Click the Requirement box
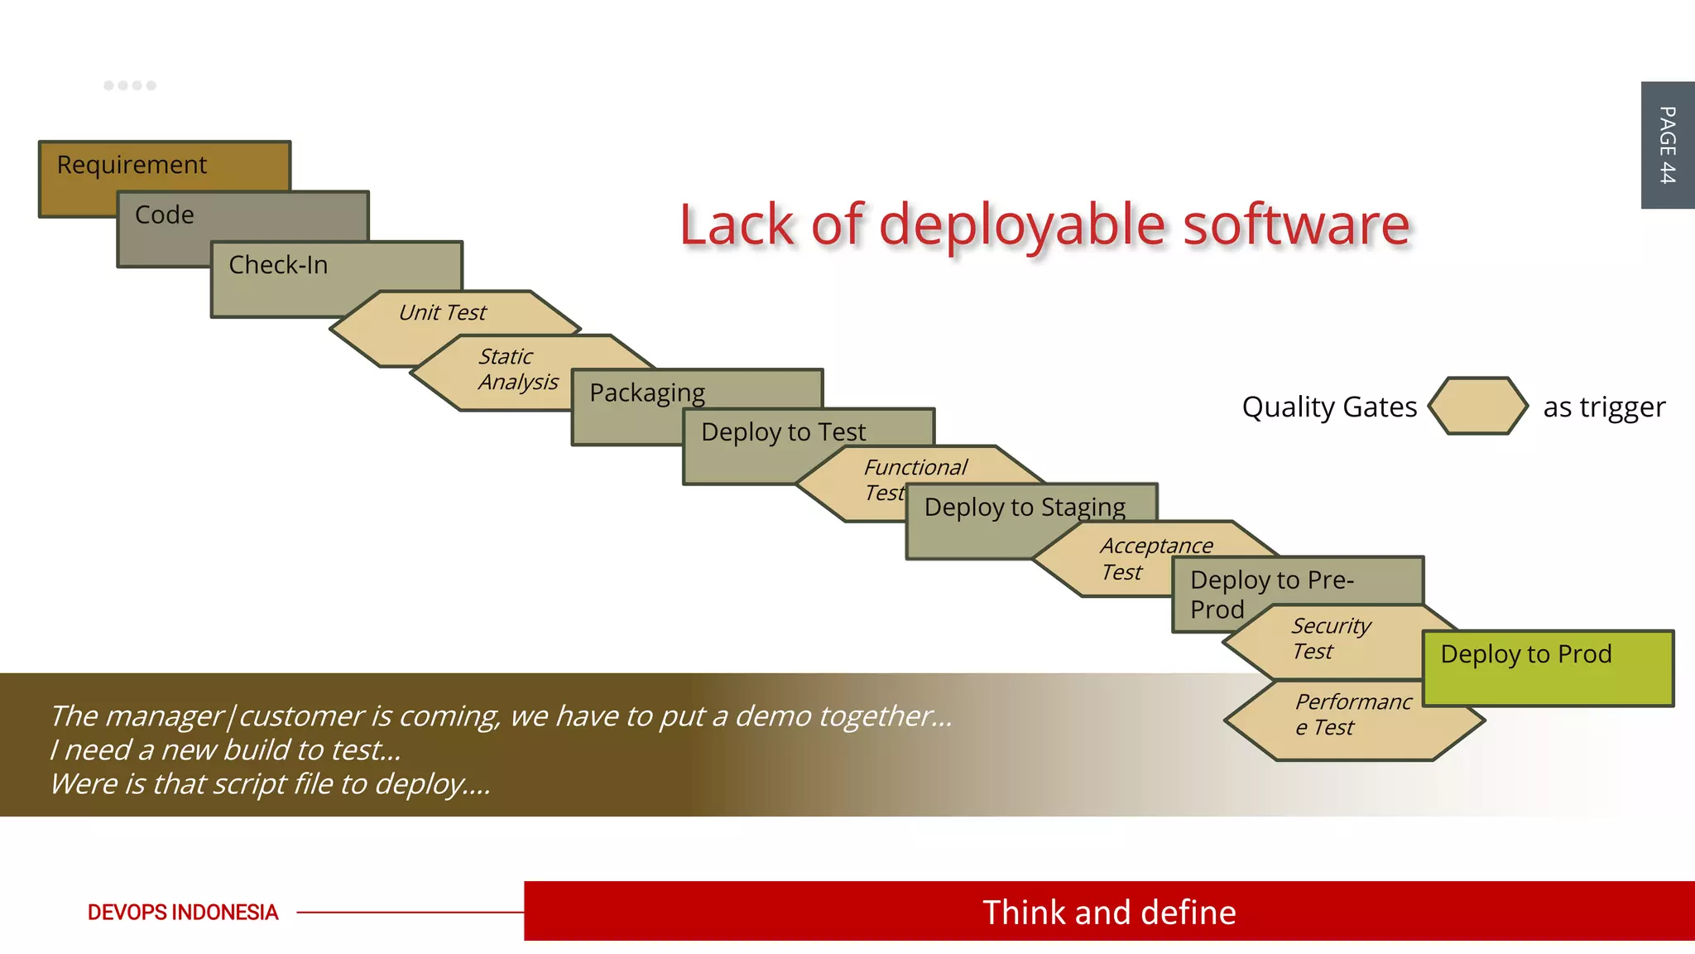[x=132, y=165]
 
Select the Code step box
[x=166, y=215]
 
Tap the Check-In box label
[x=278, y=265]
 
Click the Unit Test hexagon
[x=443, y=313]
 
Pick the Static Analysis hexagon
[x=517, y=369]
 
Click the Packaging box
[x=647, y=393]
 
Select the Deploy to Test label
[x=783, y=431]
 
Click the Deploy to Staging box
[x=1025, y=507]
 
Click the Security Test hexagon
[x=1330, y=638]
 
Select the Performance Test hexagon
[x=1352, y=715]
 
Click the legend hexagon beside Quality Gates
[x=1477, y=406]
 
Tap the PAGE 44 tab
[x=1667, y=145]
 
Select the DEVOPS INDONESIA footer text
[x=183, y=912]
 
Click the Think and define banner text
[x=1109, y=912]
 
